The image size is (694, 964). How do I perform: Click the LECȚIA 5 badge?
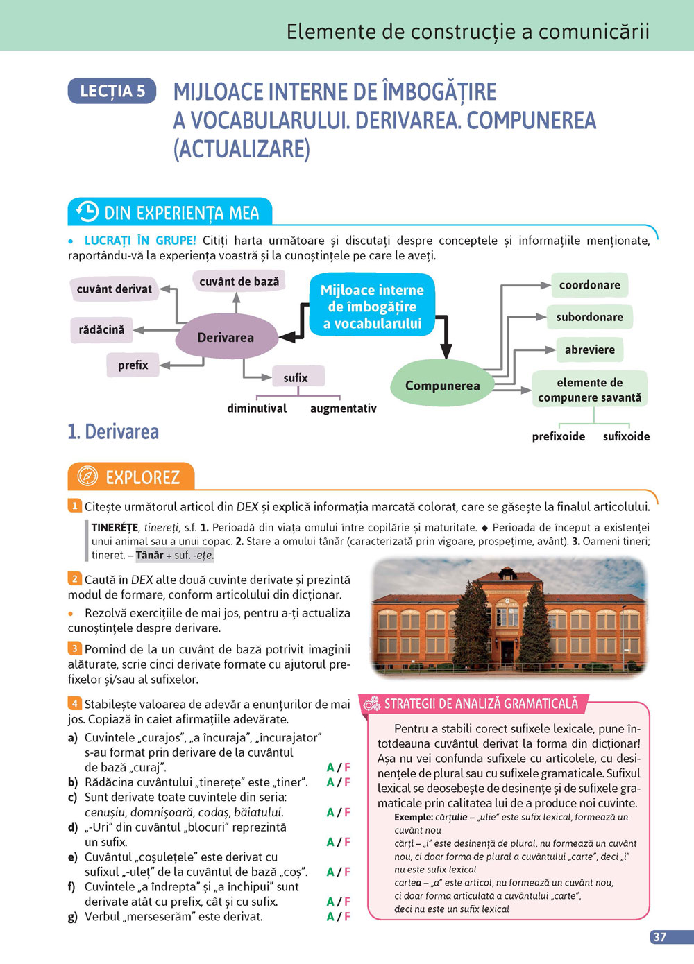tap(112, 91)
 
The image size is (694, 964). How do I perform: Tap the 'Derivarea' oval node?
tap(226, 338)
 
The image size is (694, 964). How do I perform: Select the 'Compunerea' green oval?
tap(442, 385)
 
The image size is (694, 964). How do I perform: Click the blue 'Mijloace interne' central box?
tap(372, 307)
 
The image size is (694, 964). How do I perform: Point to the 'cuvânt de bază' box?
tap(239, 281)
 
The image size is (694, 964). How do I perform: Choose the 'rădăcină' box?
tap(101, 329)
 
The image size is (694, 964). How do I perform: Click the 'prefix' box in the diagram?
tap(133, 365)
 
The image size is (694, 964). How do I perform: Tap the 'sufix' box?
tap(295, 377)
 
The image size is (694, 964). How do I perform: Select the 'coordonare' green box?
tap(589, 284)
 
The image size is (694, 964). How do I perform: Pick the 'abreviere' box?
tap(589, 350)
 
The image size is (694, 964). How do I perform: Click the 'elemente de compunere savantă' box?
tap(589, 390)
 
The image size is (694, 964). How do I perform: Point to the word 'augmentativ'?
tap(343, 408)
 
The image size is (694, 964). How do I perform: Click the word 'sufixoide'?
tap(626, 436)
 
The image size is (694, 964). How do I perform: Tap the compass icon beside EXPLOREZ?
tap(87, 476)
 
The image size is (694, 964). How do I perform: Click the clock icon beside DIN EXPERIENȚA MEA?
tap(87, 212)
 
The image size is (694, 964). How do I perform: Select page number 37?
tap(659, 937)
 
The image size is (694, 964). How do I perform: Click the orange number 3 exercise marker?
tap(74, 648)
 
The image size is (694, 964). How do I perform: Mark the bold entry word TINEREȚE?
tap(115, 528)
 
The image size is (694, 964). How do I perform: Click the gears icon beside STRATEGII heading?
tap(372, 704)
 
